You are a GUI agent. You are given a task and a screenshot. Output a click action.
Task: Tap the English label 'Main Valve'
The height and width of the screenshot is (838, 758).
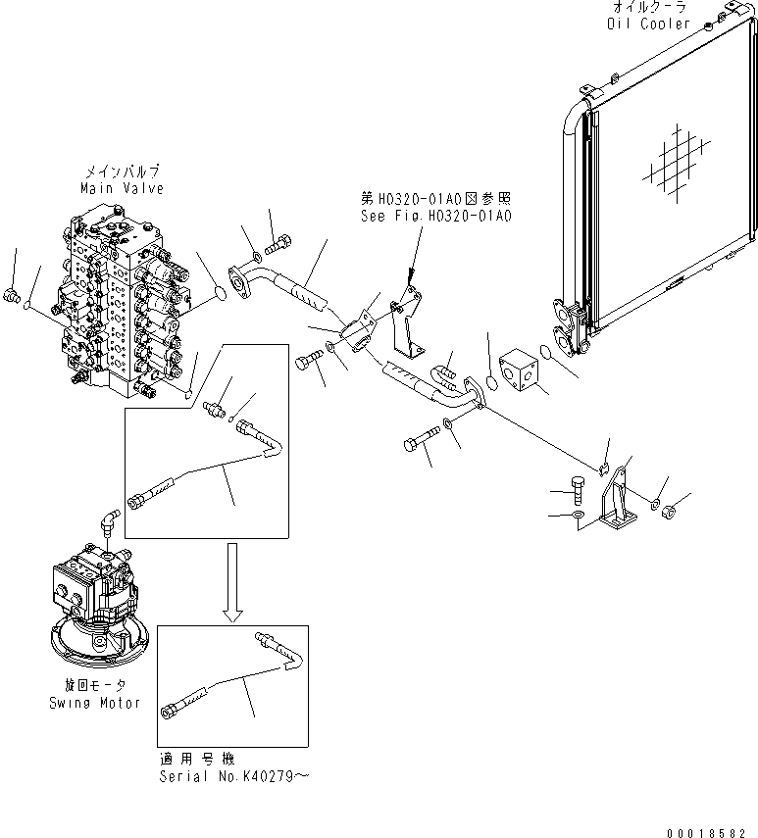coord(124,187)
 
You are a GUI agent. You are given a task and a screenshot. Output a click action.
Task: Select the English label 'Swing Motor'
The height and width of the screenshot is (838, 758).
coord(93,703)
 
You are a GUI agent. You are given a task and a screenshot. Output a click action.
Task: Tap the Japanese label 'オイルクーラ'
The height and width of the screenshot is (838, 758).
coord(648,9)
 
